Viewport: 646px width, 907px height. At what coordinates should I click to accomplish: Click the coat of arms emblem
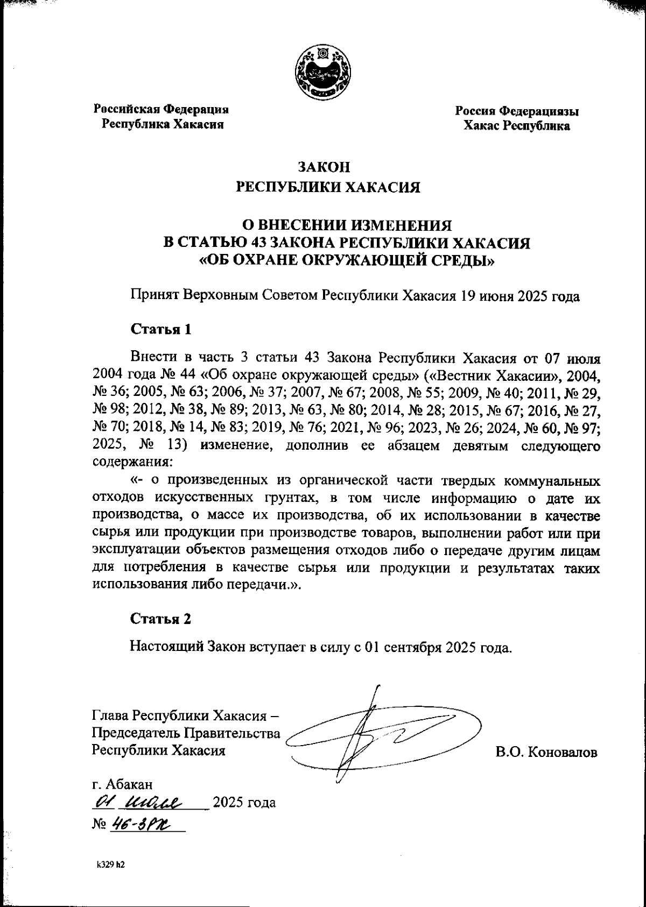coord(323,72)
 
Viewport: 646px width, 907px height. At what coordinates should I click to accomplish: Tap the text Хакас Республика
coord(517,126)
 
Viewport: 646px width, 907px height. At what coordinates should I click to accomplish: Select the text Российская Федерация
coord(161,109)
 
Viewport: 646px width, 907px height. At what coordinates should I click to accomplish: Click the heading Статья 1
coord(161,329)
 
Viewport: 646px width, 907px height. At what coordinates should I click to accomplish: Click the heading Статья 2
coord(161,619)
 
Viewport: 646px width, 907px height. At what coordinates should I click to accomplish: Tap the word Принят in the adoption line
coord(153,296)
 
